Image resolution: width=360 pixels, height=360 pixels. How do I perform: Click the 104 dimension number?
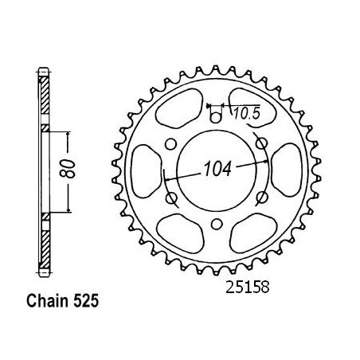[x=217, y=169]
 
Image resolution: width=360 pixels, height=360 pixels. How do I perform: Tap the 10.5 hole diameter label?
[x=247, y=114]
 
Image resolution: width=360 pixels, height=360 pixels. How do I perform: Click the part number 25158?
[x=248, y=287]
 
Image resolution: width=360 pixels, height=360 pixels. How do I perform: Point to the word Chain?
[x=47, y=301]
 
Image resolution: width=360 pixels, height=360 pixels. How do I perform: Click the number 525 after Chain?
[x=86, y=301]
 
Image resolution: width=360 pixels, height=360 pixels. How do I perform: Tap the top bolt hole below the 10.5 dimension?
[x=216, y=118]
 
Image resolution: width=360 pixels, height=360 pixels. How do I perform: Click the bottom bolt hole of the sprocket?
[x=217, y=224]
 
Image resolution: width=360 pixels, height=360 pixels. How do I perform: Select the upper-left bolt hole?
[x=170, y=144]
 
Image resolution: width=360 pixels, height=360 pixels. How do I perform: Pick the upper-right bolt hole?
[x=262, y=143]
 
